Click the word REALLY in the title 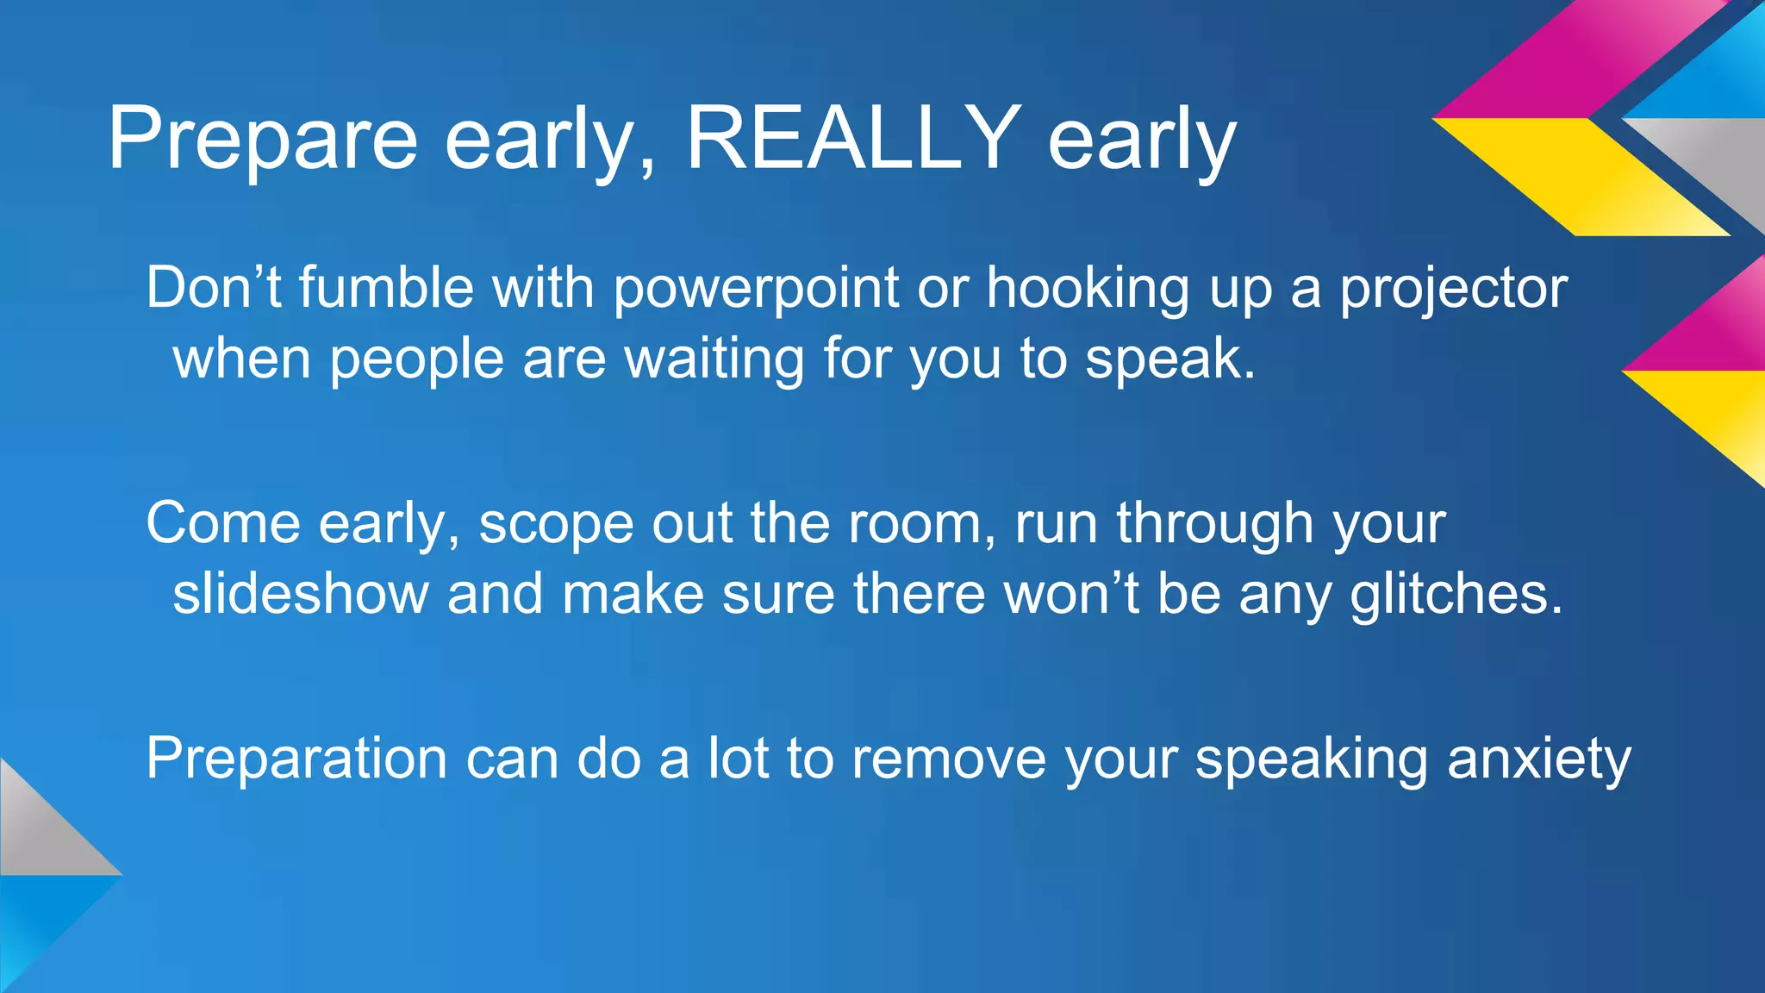click(x=853, y=138)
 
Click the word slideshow click(x=301, y=594)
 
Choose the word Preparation click(x=296, y=761)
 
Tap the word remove click(x=948, y=759)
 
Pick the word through click(x=1215, y=524)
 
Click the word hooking click(x=1088, y=289)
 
